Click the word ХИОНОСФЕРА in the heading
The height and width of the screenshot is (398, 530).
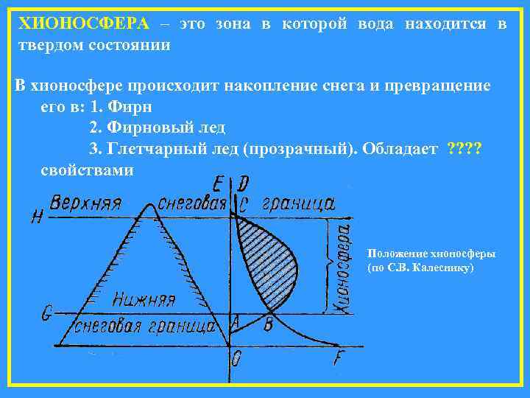pos(83,24)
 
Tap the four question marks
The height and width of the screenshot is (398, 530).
pos(464,150)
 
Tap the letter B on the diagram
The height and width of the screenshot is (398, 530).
pos(268,322)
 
